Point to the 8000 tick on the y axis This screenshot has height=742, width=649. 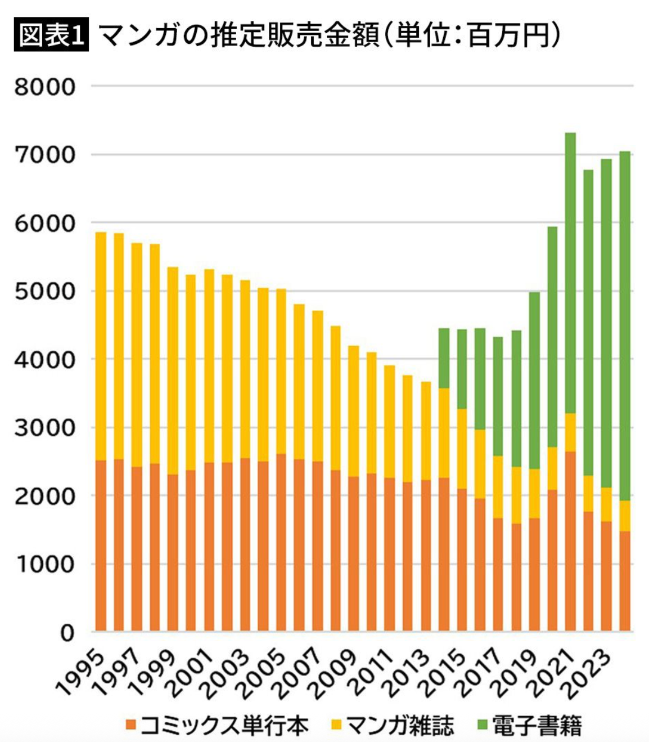tap(45, 87)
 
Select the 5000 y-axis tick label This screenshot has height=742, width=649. tap(45, 292)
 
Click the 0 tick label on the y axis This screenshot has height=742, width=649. tap(67, 633)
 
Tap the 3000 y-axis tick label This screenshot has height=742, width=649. tap(45, 428)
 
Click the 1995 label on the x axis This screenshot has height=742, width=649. tap(82, 673)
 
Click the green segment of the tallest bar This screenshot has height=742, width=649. tap(570, 270)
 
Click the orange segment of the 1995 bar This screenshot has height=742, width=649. tap(101, 546)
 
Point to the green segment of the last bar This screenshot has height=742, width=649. tap(624, 327)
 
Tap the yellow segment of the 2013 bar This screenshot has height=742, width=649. tap(426, 431)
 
